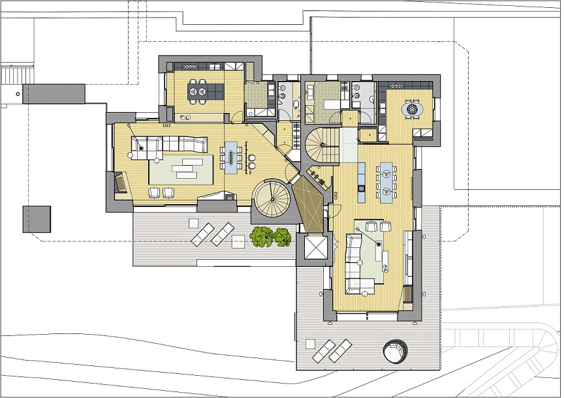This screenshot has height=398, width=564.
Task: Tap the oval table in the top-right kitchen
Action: pos(413,109)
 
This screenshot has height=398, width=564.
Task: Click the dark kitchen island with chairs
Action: pos(198,91)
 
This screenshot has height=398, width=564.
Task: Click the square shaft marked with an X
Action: pos(315,247)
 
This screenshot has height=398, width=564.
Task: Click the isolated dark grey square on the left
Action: pos(37,219)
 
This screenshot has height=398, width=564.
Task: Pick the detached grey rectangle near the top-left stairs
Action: pos(54,93)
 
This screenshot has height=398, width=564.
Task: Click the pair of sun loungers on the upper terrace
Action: pos(212,233)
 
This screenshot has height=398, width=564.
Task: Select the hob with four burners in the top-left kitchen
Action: pos(191,66)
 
